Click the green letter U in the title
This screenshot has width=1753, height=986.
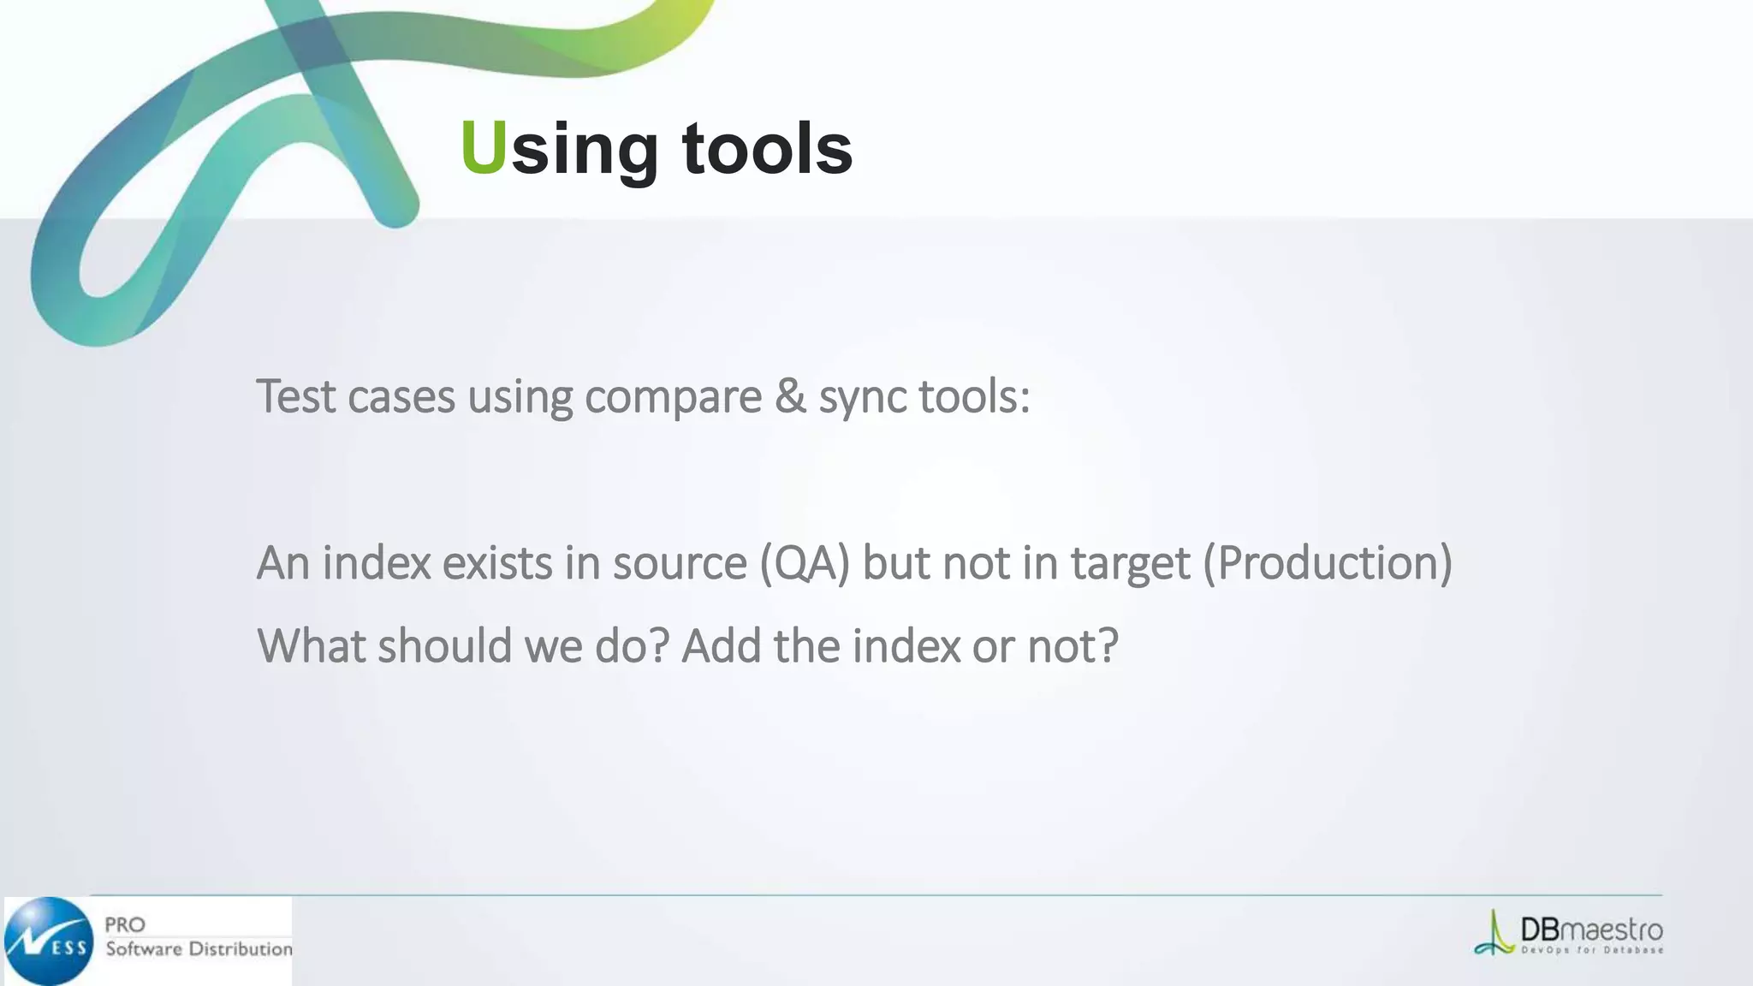[x=484, y=147]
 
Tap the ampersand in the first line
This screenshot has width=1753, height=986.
[x=790, y=396]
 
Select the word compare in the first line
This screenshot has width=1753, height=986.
[x=673, y=398]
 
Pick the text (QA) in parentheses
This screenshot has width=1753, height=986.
[x=804, y=563]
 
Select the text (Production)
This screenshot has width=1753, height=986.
[x=1328, y=563]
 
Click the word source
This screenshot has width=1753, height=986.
[x=680, y=563]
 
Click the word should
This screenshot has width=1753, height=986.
[x=444, y=645]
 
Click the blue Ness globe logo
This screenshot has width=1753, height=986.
[x=49, y=941]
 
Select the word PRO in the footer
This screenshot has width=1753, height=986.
[x=125, y=924]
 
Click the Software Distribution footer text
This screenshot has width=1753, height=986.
[x=199, y=948]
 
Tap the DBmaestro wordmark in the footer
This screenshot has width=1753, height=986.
[x=1591, y=930]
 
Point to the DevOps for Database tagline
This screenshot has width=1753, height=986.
[x=1592, y=950]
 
